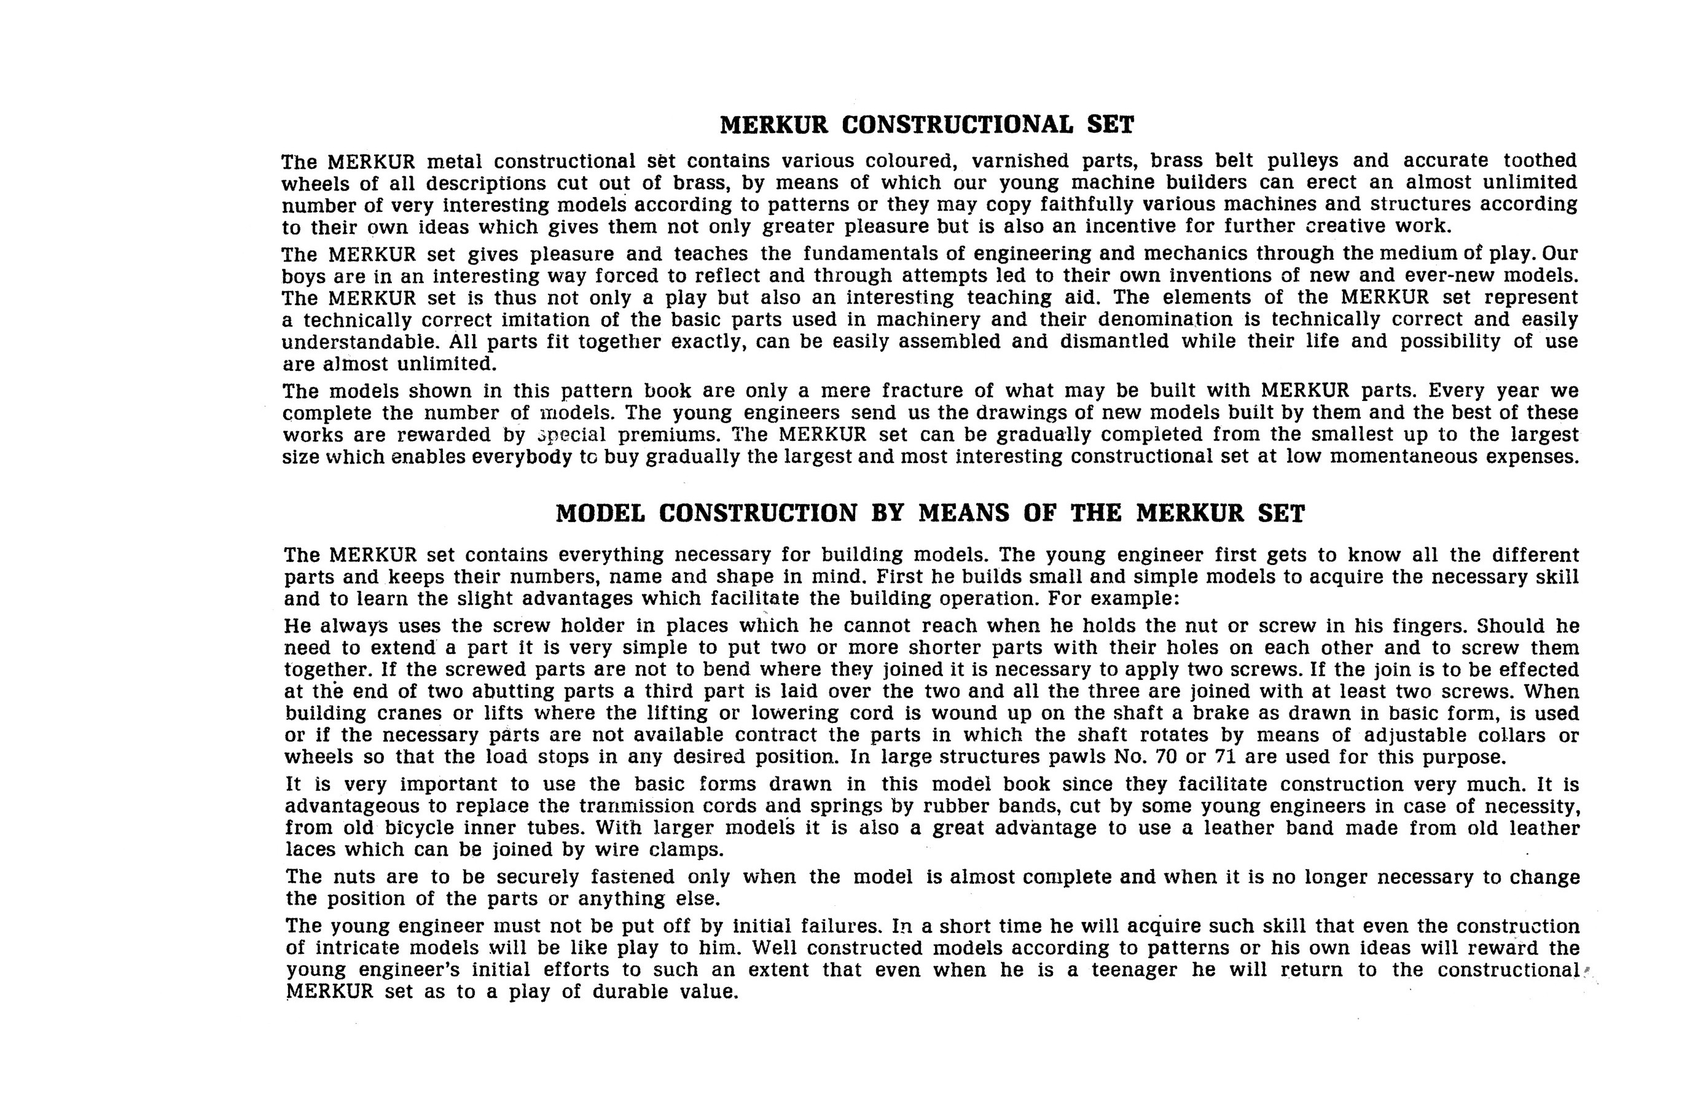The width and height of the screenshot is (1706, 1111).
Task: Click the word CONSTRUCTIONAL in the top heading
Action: tap(957, 125)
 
